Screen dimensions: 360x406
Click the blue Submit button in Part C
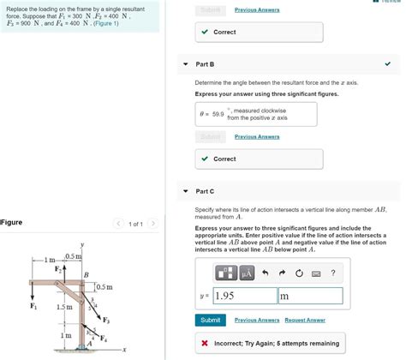(x=210, y=320)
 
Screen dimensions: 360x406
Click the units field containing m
(x=309, y=296)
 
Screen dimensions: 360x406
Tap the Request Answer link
(x=305, y=320)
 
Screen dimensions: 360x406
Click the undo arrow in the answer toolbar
(x=266, y=273)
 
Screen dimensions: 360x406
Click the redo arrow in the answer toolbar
(x=282, y=273)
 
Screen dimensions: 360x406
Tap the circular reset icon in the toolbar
(x=298, y=273)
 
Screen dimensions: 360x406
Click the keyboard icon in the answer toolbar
(x=315, y=273)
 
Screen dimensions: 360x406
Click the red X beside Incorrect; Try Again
(x=205, y=343)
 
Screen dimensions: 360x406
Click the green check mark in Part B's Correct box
(x=204, y=159)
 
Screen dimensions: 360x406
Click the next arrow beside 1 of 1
(x=152, y=224)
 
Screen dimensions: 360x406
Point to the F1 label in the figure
(x=33, y=306)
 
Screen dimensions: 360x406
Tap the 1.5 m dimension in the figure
(x=63, y=306)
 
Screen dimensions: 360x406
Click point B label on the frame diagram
(x=86, y=273)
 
